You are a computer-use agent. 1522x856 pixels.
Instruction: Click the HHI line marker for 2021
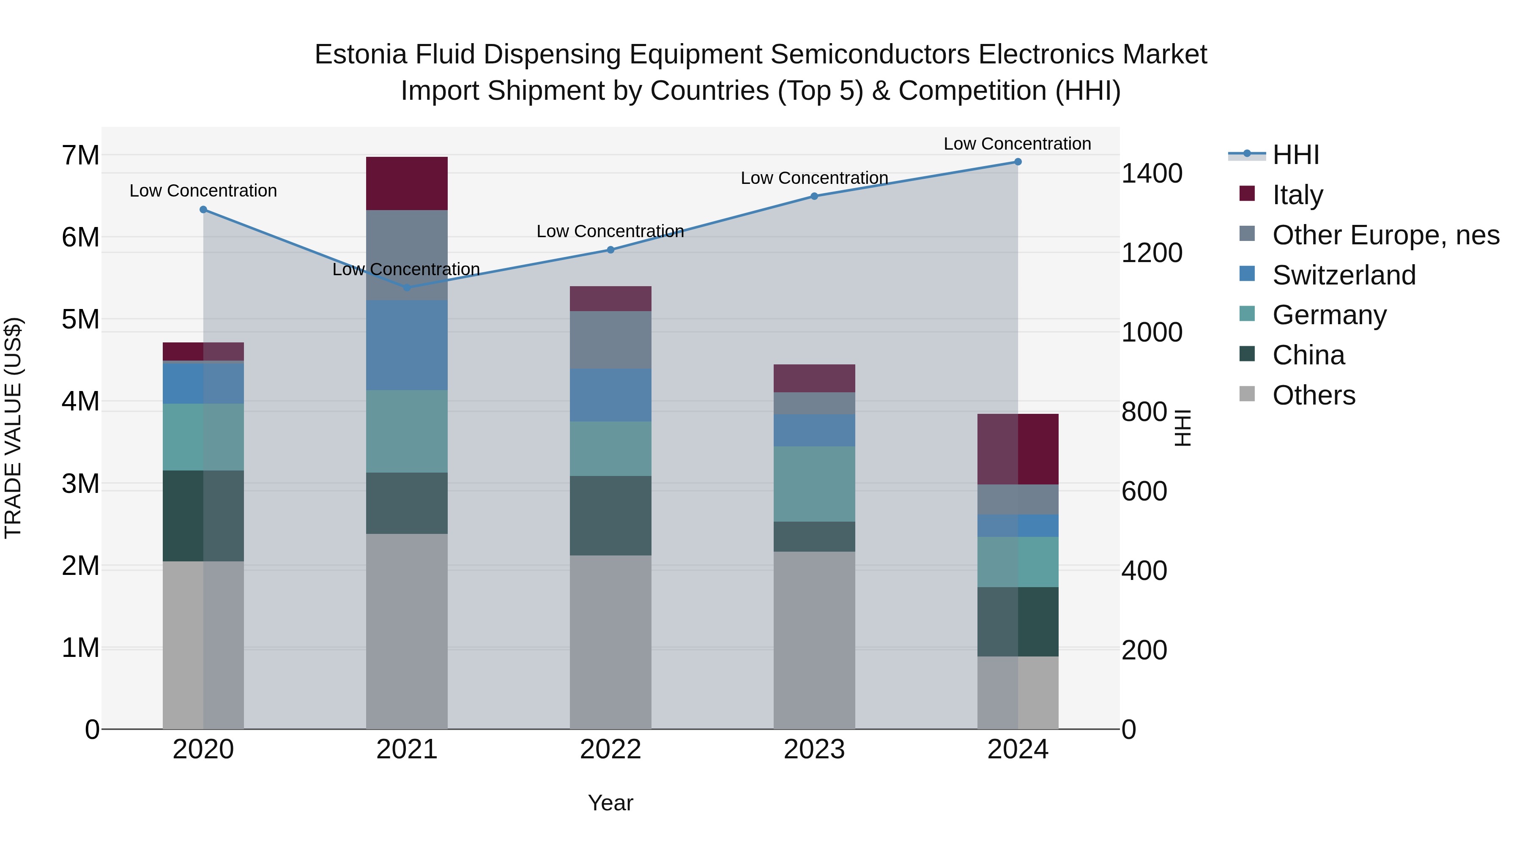pyautogui.click(x=406, y=288)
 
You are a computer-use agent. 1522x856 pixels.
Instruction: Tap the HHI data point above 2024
pyautogui.click(x=1018, y=162)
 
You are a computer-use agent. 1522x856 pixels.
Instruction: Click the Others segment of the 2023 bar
pyautogui.click(x=814, y=640)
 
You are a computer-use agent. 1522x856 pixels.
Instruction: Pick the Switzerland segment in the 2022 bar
pyautogui.click(x=610, y=395)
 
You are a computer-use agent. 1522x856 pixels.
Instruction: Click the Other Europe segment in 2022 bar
pyautogui.click(x=610, y=340)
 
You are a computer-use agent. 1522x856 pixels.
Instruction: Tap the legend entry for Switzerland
pyautogui.click(x=1344, y=275)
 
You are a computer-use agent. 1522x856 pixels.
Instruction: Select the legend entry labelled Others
pyautogui.click(x=1314, y=395)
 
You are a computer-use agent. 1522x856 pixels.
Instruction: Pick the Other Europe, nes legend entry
pyautogui.click(x=1385, y=235)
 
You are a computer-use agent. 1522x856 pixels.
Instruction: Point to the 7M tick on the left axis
pyautogui.click(x=81, y=156)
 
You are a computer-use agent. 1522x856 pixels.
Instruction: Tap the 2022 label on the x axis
pyautogui.click(x=610, y=749)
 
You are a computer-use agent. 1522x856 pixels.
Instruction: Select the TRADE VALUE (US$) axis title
pyautogui.click(x=13, y=428)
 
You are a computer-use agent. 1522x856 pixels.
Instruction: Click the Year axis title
pyautogui.click(x=610, y=803)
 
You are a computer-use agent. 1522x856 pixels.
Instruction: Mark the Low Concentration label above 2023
pyautogui.click(x=814, y=178)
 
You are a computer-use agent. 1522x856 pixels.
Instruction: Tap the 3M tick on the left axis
pyautogui.click(x=81, y=484)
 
